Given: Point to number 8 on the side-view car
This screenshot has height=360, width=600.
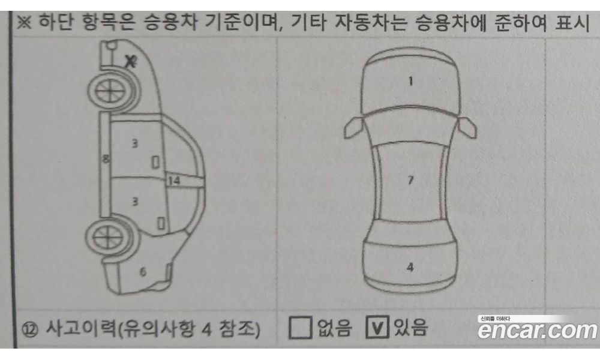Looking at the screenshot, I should (x=106, y=160).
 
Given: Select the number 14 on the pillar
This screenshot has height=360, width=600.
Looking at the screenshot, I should (x=174, y=180).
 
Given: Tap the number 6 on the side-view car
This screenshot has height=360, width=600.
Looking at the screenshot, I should (x=143, y=272).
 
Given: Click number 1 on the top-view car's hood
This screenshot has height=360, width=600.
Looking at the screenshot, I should (x=410, y=82).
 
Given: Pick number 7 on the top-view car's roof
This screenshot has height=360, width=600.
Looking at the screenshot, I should (x=410, y=180).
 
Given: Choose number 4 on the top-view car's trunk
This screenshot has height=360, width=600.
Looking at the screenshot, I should (x=410, y=268).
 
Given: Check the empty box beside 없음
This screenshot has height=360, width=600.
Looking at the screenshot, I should (x=300, y=328).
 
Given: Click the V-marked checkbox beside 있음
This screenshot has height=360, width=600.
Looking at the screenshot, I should (x=377, y=328).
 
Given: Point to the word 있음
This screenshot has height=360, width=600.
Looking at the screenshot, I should (x=411, y=328).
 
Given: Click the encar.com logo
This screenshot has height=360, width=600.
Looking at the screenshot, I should (x=537, y=329).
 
